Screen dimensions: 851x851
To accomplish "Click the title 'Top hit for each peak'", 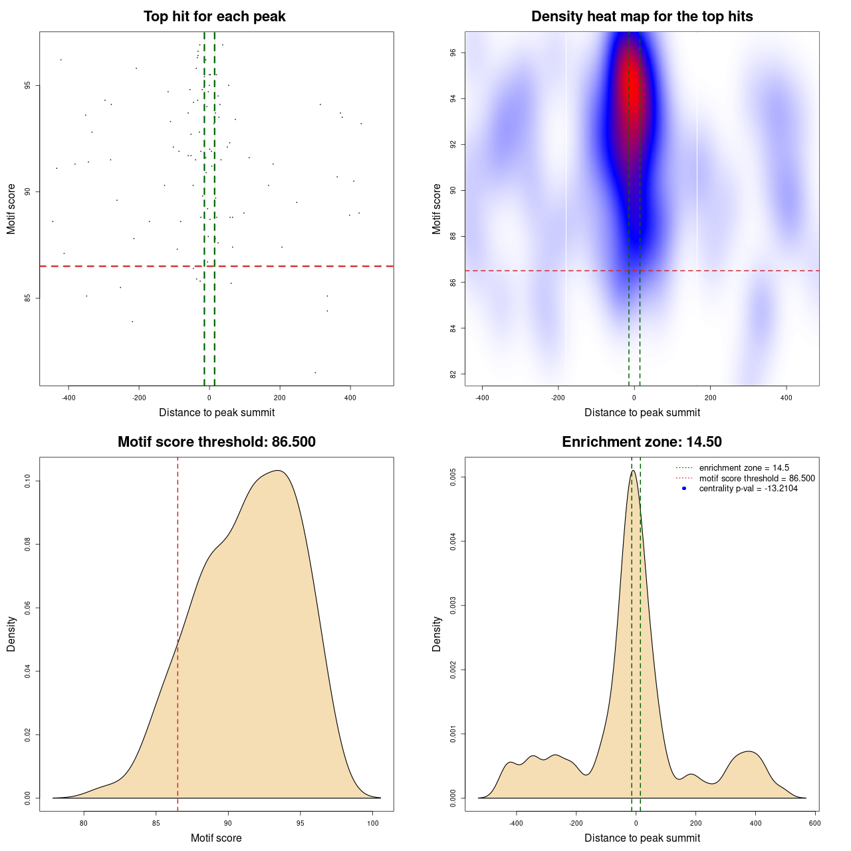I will click(x=215, y=17).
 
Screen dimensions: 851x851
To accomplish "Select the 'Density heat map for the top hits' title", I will click(x=642, y=17).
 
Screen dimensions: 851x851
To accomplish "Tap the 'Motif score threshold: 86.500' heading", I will click(x=216, y=442).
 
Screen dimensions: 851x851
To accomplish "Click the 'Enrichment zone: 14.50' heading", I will click(x=642, y=442).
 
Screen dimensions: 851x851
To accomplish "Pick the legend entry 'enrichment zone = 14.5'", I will click(x=744, y=468).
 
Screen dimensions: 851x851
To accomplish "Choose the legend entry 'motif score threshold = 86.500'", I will click(x=757, y=479).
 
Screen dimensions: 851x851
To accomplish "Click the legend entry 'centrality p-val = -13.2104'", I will click(x=748, y=489).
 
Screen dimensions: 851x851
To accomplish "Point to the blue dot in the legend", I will click(x=684, y=489).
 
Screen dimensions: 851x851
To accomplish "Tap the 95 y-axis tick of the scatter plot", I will click(x=28, y=86).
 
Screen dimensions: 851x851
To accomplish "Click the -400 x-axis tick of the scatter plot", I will click(x=68, y=398).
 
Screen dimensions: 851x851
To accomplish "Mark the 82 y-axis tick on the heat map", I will click(x=453, y=374).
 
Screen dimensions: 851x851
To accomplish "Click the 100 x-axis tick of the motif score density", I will click(x=373, y=823).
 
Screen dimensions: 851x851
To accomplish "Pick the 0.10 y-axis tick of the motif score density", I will click(x=28, y=481).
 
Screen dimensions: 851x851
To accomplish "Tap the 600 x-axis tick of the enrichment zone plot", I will click(x=815, y=823).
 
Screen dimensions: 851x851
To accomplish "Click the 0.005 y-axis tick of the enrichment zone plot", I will click(x=453, y=477).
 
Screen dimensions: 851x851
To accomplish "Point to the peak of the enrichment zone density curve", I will click(x=634, y=471).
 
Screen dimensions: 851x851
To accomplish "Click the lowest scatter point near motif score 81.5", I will click(x=315, y=372).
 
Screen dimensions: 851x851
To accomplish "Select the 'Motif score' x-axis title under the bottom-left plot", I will click(x=216, y=838).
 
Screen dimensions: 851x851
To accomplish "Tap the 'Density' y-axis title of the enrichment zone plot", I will click(x=437, y=634).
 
